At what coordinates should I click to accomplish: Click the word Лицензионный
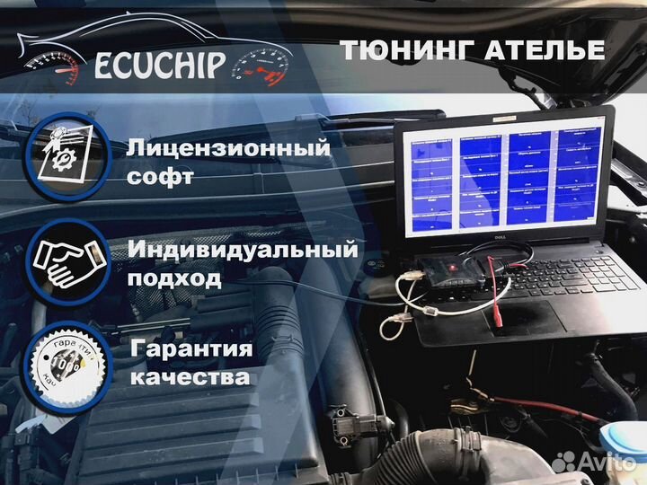(x=228, y=147)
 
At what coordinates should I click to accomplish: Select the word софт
(x=160, y=178)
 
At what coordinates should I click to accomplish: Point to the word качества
(x=189, y=377)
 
